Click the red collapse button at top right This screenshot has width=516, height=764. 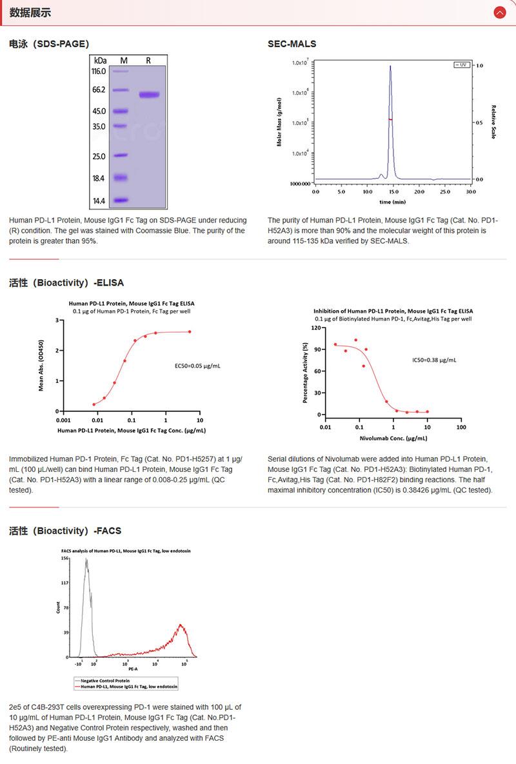pos(499,12)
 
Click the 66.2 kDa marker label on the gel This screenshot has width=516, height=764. pos(99,90)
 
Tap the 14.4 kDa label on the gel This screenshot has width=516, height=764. pos(99,201)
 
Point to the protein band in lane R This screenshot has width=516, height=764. pos(149,95)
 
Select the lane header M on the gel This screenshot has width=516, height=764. pos(124,60)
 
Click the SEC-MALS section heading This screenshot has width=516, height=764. pos(292,44)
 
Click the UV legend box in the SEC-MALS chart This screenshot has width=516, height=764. pos(462,65)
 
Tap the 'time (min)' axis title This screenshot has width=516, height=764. pos(392,202)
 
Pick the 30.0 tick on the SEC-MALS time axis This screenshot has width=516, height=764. pos(470,191)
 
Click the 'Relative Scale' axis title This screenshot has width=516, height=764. pos(493,122)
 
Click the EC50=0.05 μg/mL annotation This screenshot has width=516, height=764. pos(193,366)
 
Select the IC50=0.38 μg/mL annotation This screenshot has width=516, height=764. pos(434,360)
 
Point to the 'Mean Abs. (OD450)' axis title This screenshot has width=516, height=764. pos(41,366)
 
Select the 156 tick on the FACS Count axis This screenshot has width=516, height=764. pos(64,558)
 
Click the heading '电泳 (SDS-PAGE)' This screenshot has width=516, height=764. pos(49,44)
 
